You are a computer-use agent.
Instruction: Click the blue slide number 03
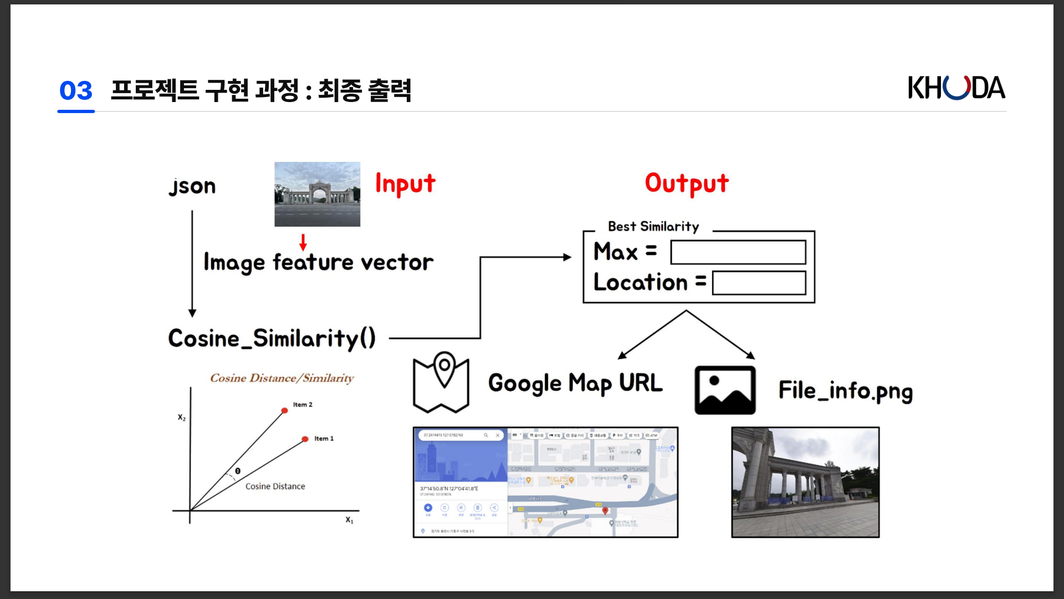tap(76, 90)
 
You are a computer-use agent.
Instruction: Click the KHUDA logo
tap(956, 88)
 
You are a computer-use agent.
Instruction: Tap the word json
tap(192, 186)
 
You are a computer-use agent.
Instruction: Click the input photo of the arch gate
tap(317, 194)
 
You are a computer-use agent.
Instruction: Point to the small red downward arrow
tap(303, 242)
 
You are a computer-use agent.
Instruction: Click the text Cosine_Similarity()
tap(272, 338)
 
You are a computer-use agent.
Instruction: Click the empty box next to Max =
tap(738, 252)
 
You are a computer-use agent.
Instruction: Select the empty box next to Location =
tap(759, 283)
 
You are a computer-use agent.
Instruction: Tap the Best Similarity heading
tap(653, 226)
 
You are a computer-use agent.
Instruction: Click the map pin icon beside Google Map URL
tap(441, 382)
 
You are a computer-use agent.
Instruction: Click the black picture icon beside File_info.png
tap(725, 390)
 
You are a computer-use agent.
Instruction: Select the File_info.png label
tap(845, 391)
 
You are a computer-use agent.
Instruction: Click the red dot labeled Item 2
tap(284, 411)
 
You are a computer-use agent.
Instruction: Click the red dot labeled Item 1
tap(305, 439)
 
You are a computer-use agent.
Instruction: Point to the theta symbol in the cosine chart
tap(238, 471)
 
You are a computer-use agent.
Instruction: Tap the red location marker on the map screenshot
tap(605, 510)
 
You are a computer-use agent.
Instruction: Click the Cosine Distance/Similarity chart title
tap(282, 378)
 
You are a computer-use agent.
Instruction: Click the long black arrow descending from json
tap(192, 263)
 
